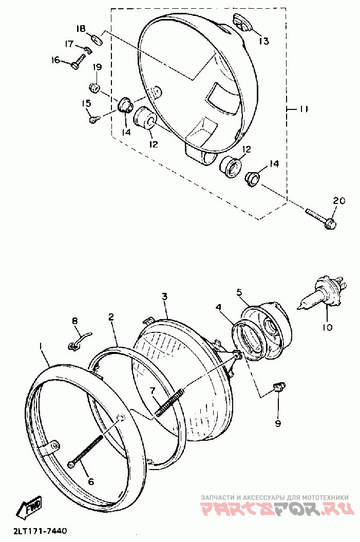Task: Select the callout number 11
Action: coord(304,109)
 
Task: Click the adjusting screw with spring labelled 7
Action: coord(169,401)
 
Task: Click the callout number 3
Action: coord(164,296)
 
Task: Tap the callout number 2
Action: coord(111,317)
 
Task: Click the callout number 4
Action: coord(219,308)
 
